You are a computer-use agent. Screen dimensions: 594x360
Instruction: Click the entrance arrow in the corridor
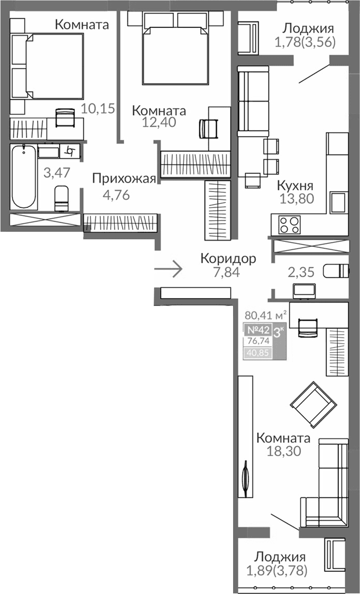click(x=168, y=269)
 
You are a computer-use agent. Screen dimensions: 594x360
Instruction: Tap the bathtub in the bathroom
click(x=23, y=177)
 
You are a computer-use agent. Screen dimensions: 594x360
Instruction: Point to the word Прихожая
click(x=123, y=178)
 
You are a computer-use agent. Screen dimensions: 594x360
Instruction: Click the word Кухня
click(x=295, y=185)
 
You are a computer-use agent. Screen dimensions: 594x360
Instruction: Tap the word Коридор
click(x=228, y=259)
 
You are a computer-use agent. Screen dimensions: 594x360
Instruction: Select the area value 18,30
click(x=284, y=451)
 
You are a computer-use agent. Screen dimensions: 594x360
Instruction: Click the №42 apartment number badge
click(x=258, y=330)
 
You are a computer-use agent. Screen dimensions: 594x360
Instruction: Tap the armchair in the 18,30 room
click(x=314, y=404)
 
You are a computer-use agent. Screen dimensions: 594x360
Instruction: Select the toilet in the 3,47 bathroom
click(x=61, y=198)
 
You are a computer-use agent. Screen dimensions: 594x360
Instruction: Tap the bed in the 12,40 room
click(x=174, y=53)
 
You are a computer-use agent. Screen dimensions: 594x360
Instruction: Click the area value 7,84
click(x=226, y=272)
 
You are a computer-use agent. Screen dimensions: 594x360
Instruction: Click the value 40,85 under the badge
click(x=258, y=353)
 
